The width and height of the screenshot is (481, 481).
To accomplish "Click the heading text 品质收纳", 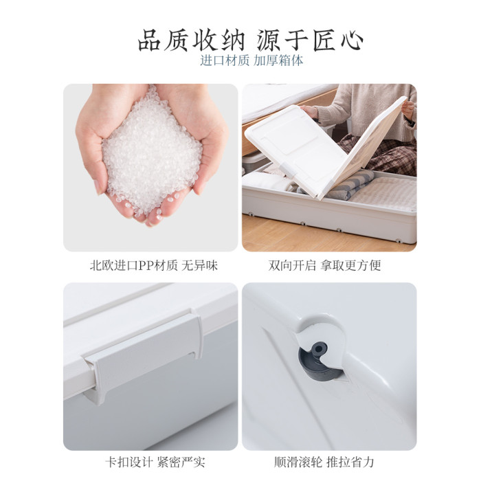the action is [x=191, y=40].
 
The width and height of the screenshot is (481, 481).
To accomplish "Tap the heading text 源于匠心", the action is [x=310, y=40].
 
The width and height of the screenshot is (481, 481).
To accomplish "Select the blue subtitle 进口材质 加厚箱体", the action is [x=251, y=60].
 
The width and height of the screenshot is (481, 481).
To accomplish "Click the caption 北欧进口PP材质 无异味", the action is [x=154, y=265].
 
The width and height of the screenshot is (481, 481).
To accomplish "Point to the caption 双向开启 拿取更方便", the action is [x=324, y=265].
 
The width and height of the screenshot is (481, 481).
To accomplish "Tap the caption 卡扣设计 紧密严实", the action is [x=155, y=462].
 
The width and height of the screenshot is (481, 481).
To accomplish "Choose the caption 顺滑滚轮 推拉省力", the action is [x=324, y=462].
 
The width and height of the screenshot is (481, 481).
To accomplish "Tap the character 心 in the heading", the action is [x=352, y=41].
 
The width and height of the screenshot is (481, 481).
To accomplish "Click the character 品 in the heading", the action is [x=149, y=40].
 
